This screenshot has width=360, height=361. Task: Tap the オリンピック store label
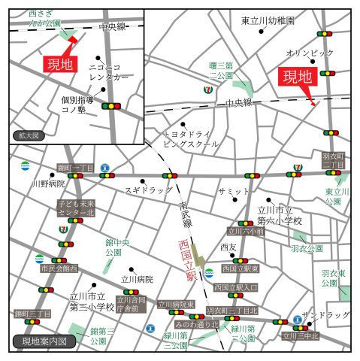[x=309, y=53]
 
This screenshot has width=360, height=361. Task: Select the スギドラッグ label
[x=149, y=190]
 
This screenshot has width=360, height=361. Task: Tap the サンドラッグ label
[x=325, y=314]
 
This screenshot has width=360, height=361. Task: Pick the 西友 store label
[x=228, y=247]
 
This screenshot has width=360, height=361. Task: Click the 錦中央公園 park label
[x=118, y=247]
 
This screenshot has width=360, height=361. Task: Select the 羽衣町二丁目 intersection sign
[x=333, y=161]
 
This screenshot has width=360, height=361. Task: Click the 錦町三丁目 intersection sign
[x=32, y=313]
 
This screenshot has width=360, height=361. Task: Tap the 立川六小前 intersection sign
[x=247, y=232]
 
